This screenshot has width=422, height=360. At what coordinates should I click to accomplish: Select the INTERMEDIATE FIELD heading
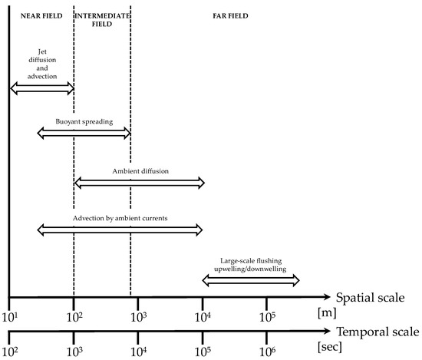[x=102, y=18]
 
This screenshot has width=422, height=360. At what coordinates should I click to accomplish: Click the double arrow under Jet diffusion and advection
[x=41, y=90]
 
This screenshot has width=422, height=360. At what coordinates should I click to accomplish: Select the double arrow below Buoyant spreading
[x=84, y=134]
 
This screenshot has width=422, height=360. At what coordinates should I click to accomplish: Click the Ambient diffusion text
[x=140, y=170]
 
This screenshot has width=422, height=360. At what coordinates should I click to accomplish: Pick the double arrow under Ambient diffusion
[x=139, y=182]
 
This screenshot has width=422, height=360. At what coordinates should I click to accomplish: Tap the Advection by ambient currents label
[x=120, y=218]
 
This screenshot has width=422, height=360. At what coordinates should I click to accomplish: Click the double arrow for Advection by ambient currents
[x=120, y=230]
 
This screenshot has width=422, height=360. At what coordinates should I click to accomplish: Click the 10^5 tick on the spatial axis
[x=267, y=315]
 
